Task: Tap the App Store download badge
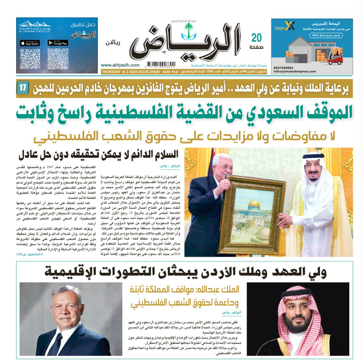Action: pos(29,43)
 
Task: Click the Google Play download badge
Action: pos(57,43)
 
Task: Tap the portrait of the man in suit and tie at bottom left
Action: pos(58,318)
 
